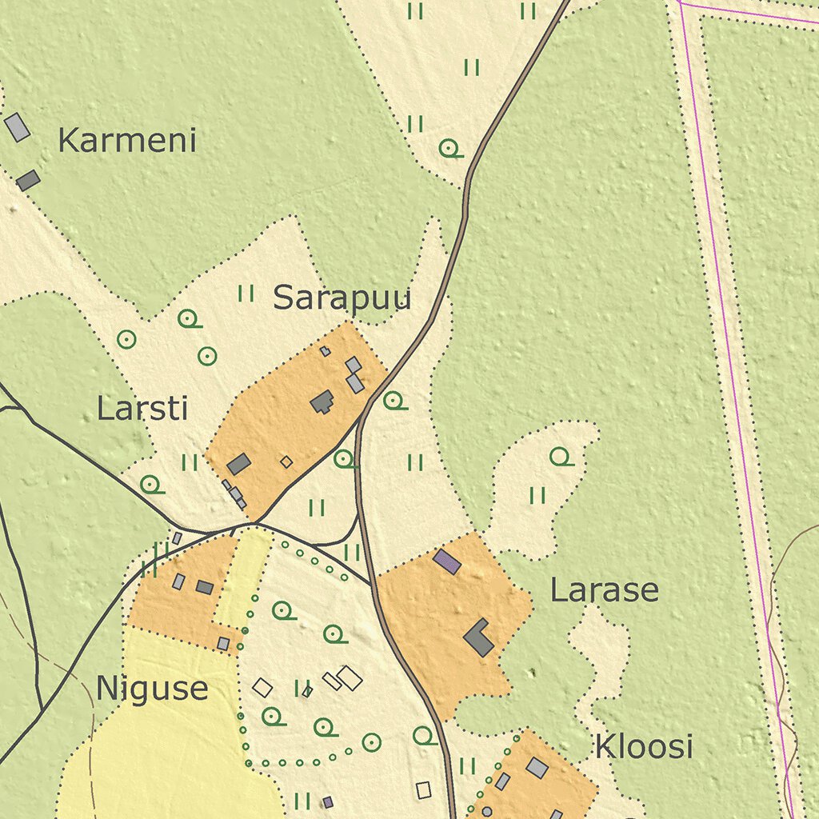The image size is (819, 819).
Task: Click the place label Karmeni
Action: click(x=127, y=141)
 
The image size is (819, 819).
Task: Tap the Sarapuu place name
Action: click(x=342, y=298)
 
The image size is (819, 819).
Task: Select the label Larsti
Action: click(x=142, y=408)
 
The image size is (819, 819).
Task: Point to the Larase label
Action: click(x=604, y=590)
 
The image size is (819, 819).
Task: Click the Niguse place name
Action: click(x=152, y=689)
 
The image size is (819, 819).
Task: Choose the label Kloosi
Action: click(x=643, y=746)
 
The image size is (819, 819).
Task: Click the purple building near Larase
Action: click(x=447, y=561)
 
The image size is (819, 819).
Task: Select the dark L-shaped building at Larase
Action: click(x=478, y=637)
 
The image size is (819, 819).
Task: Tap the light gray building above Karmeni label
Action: click(x=17, y=127)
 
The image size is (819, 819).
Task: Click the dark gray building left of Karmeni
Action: click(x=28, y=180)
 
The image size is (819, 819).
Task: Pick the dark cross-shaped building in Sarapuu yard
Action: click(x=322, y=402)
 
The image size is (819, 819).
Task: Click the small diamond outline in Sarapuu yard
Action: click(x=286, y=461)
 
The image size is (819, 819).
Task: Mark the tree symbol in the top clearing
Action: click(x=449, y=148)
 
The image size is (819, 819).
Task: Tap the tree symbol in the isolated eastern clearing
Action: click(x=560, y=456)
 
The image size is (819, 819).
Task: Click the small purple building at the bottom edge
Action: click(x=327, y=801)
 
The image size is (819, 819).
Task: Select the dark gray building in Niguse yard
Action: click(x=205, y=587)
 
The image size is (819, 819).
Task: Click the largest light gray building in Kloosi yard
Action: click(x=537, y=768)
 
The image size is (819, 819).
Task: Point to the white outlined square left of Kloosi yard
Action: click(x=424, y=790)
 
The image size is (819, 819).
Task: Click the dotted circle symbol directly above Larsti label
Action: click(x=126, y=339)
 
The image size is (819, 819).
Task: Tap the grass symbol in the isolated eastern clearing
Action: click(x=537, y=496)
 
